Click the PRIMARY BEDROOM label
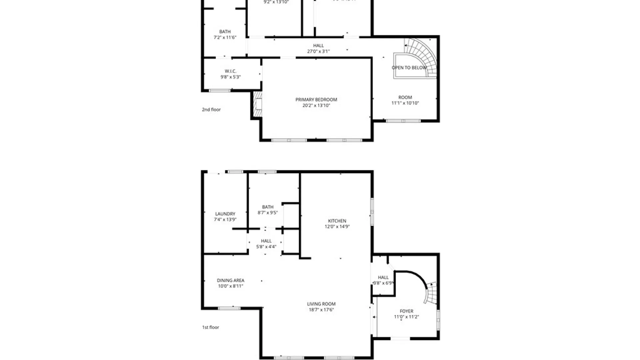[x=316, y=100]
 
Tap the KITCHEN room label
[x=337, y=221]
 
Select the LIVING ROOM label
[x=321, y=304]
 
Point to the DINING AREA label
[x=230, y=280]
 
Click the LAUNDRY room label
[x=225, y=214]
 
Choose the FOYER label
[x=406, y=311]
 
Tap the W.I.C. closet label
[x=230, y=71]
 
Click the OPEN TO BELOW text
[x=409, y=68]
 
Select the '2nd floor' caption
[x=211, y=109]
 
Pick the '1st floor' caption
[x=211, y=327]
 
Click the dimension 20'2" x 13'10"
[x=316, y=106]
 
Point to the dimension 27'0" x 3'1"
[x=318, y=51]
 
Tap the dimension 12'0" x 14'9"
[x=337, y=227]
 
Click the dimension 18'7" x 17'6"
[x=321, y=310]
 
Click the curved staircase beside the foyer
[x=431, y=293]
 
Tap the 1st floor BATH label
[x=268, y=207]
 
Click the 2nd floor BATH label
[x=225, y=32]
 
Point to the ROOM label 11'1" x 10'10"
[x=405, y=97]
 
